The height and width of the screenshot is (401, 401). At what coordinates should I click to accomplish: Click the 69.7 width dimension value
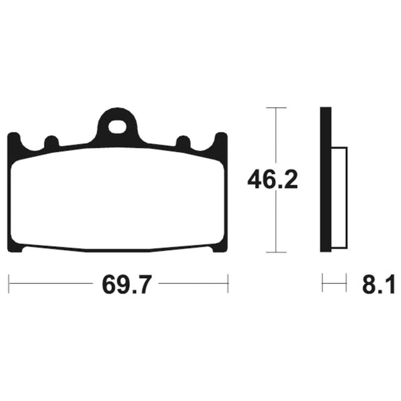tap(127, 284)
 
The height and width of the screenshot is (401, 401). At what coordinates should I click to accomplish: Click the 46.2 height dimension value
tap(273, 180)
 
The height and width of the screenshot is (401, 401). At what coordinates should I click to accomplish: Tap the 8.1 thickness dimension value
tap(378, 284)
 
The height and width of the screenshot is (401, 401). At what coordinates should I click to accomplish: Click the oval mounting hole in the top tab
tap(117, 127)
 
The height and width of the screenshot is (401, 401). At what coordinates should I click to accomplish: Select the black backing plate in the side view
tap(326, 180)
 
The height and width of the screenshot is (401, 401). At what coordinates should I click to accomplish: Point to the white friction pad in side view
tap(340, 198)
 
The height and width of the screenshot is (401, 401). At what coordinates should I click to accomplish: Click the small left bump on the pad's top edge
tap(51, 142)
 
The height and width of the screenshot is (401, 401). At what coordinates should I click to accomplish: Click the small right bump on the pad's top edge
tap(184, 142)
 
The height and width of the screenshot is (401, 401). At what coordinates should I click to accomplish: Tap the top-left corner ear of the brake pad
tap(14, 139)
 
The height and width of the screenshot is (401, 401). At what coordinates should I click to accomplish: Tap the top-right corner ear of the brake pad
tap(221, 139)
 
